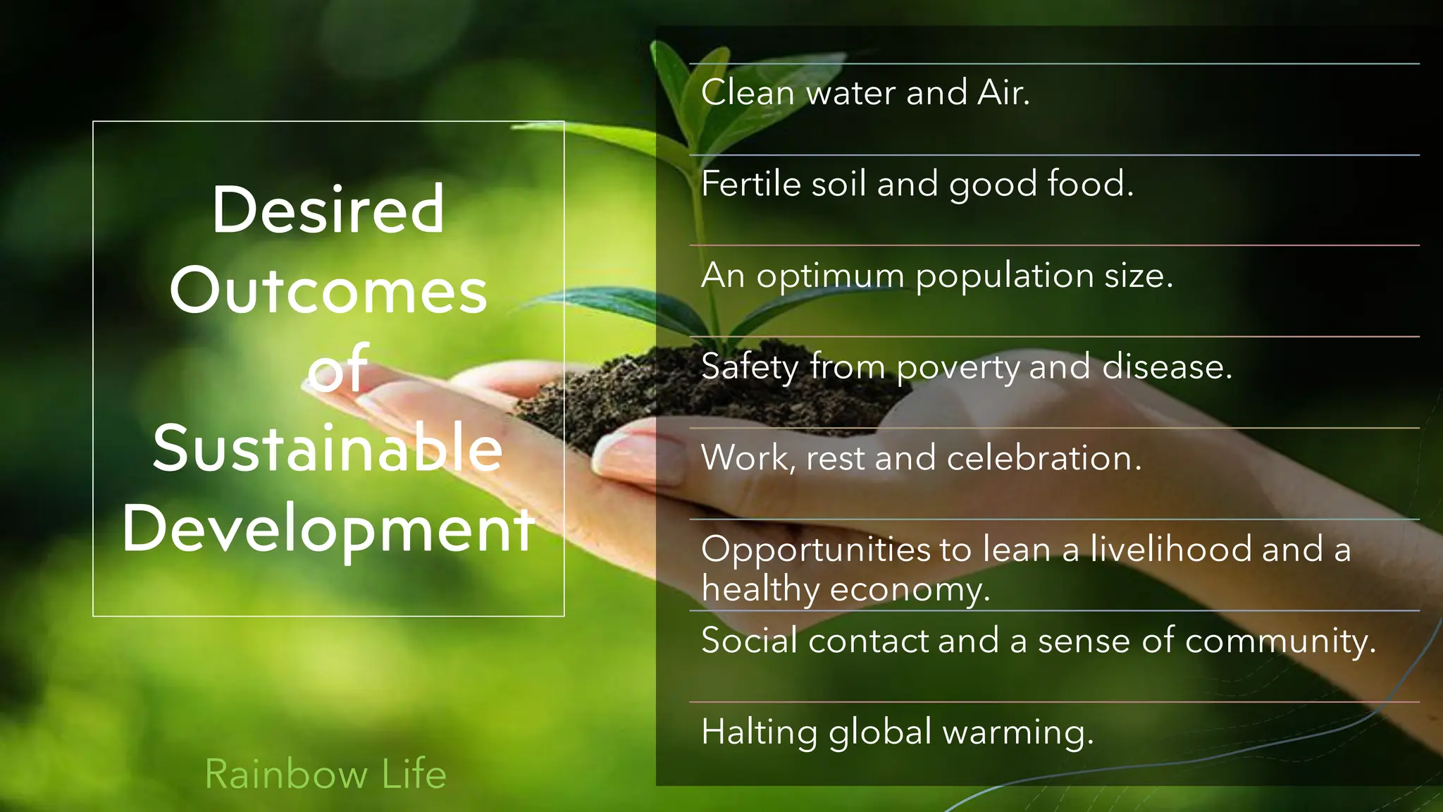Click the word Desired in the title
tap(328, 209)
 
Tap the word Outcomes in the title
tap(328, 290)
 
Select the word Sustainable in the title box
tap(328, 448)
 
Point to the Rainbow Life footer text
tap(326, 774)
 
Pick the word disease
tap(1167, 367)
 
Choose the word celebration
tap(1043, 458)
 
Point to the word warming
tap(1018, 732)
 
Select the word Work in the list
tap(747, 458)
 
